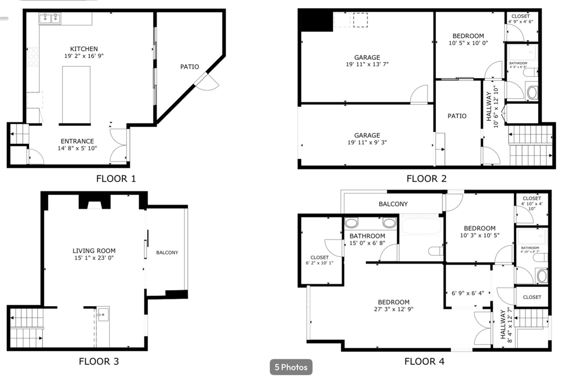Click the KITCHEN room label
84,49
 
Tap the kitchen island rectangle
76,94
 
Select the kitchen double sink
50,19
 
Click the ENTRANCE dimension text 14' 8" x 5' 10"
77,149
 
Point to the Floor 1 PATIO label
189,67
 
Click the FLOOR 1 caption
116,179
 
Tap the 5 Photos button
291,367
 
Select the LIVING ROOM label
93,251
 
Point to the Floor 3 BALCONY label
167,253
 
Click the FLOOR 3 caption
99,362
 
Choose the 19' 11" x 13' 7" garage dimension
367,64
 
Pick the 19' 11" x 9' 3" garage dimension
367,143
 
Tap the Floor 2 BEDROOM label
468,36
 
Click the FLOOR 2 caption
426,179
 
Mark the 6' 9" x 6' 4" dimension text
467,293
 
